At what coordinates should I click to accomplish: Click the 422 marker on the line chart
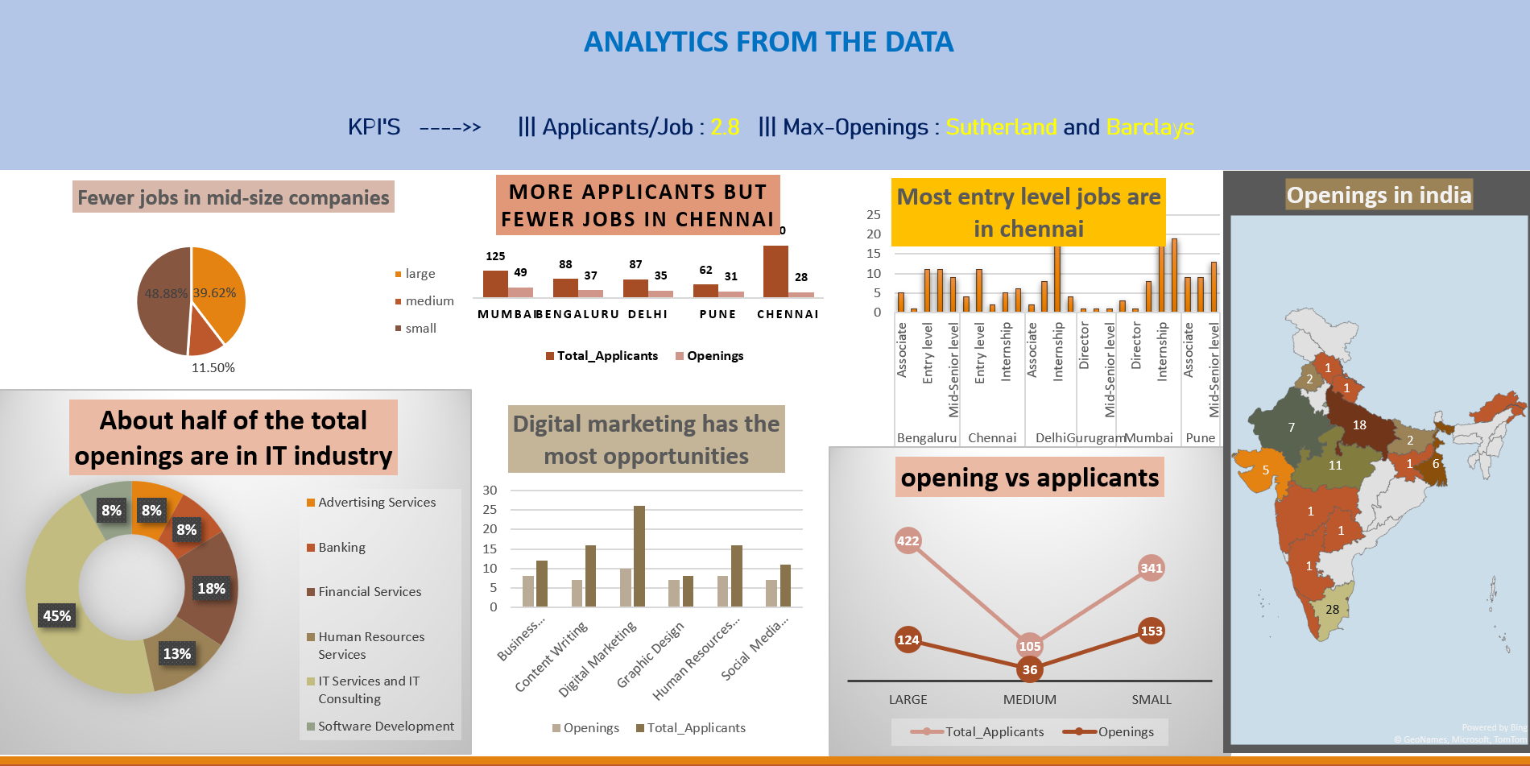pos(908,540)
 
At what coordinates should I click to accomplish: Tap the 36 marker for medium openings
pos(1029,669)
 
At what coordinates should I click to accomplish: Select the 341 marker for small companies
pos(1152,568)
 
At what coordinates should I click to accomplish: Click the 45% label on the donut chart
pos(56,616)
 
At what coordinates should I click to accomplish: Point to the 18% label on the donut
pos(211,589)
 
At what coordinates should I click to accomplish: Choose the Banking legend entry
pos(341,548)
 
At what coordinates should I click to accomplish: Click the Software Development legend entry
pos(386,727)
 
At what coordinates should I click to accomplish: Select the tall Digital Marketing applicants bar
pos(639,556)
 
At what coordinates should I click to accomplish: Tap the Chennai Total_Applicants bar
pos(775,271)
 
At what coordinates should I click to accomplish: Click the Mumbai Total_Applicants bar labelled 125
pos(495,284)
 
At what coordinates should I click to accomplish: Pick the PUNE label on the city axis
pos(717,314)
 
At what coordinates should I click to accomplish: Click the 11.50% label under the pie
pos(213,368)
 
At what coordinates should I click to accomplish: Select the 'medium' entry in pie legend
pos(429,301)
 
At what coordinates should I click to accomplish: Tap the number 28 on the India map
pos(1333,610)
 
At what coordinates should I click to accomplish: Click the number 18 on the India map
pos(1359,425)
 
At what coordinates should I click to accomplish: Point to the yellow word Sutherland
pos(1001,127)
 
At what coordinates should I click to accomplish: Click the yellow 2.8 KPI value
pos(725,127)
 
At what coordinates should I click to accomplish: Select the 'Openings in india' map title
pos(1379,195)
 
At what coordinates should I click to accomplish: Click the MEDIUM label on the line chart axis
pos(1029,700)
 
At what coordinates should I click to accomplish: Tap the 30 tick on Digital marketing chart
pos(490,491)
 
